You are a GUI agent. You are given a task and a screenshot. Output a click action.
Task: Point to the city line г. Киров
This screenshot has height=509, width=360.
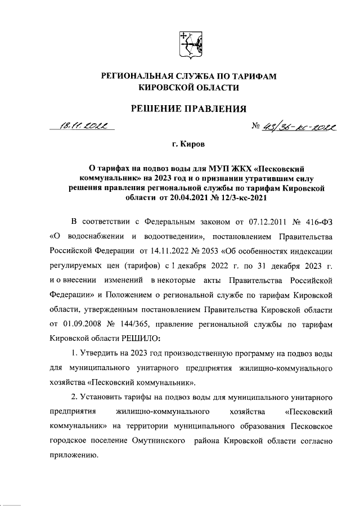click(188, 145)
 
